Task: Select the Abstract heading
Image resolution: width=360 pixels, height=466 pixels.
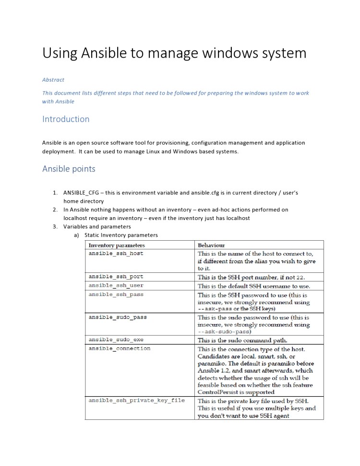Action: pyautogui.click(x=53, y=80)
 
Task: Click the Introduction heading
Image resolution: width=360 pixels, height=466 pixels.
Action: pyautogui.click(x=66, y=119)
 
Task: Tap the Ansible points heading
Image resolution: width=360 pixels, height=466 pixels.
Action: pyautogui.click(x=69, y=169)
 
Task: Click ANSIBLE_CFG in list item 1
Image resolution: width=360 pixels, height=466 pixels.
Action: pyautogui.click(x=82, y=193)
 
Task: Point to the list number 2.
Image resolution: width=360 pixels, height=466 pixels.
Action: pyautogui.click(x=55, y=210)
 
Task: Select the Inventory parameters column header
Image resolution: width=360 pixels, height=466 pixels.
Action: pyautogui.click(x=114, y=245)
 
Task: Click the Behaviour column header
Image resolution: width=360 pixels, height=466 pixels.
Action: pyautogui.click(x=212, y=245)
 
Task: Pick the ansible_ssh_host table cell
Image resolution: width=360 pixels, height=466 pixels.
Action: pyautogui.click(x=116, y=253)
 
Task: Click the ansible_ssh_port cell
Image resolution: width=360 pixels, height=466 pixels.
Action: pyautogui.click(x=116, y=277)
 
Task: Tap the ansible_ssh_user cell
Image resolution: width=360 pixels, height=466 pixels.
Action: pyautogui.click(x=116, y=285)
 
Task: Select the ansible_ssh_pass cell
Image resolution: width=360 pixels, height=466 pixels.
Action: pyautogui.click(x=116, y=294)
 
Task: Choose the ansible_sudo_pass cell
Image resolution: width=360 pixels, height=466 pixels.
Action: pyautogui.click(x=118, y=318)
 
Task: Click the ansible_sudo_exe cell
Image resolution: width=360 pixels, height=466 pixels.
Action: pyautogui.click(x=116, y=340)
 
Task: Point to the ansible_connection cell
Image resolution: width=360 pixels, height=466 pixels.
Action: pyautogui.click(x=120, y=348)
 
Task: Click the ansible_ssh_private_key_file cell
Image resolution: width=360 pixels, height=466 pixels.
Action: pyautogui.click(x=137, y=400)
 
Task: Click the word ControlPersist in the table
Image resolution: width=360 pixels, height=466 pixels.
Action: pyautogui.click(x=219, y=392)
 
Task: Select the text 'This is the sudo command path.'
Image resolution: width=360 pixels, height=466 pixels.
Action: pyautogui.click(x=242, y=340)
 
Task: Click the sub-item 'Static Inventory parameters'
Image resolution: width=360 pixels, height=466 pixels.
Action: pyautogui.click(x=121, y=235)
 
